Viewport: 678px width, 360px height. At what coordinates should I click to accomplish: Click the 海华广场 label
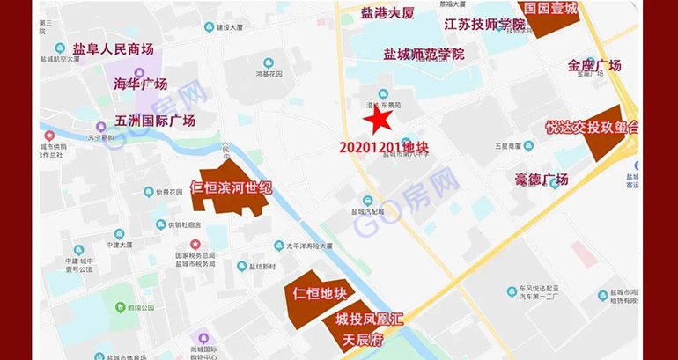(141, 84)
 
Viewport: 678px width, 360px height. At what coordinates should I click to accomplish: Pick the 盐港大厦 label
(387, 13)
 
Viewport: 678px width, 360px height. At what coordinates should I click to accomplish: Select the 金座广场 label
(594, 65)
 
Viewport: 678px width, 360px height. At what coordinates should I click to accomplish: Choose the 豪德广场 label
(542, 180)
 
